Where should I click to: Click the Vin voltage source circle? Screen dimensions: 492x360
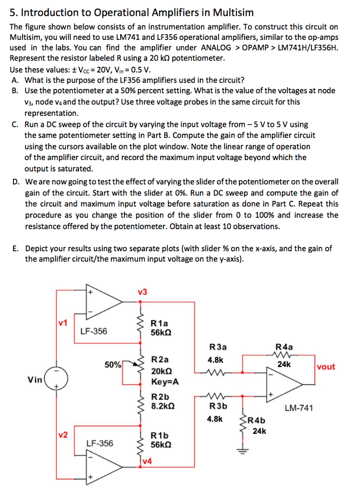coord(59,380)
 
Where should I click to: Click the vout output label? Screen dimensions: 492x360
coord(326,367)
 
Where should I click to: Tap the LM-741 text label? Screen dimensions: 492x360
coord(298,408)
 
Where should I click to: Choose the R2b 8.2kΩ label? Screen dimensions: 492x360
coord(162,402)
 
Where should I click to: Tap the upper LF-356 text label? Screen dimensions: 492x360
coord(94,331)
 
